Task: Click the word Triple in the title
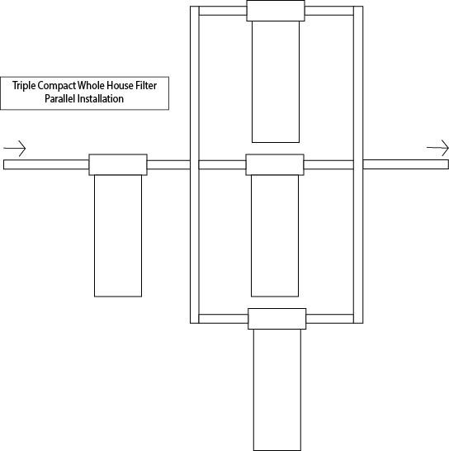click(24, 86)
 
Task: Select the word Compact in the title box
click(57, 86)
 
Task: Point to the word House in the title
click(121, 85)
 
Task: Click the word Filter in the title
click(146, 85)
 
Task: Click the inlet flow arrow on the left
click(15, 149)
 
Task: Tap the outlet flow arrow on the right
click(437, 148)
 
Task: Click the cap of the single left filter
click(118, 165)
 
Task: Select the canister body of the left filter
click(118, 236)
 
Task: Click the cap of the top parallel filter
click(276, 11)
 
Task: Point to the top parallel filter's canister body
click(276, 82)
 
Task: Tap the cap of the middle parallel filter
click(275, 165)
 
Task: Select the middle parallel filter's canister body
click(275, 236)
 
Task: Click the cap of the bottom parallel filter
click(277, 319)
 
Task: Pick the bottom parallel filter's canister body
click(277, 390)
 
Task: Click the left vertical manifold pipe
click(195, 165)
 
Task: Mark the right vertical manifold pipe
click(358, 165)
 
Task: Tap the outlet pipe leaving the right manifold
click(406, 164)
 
